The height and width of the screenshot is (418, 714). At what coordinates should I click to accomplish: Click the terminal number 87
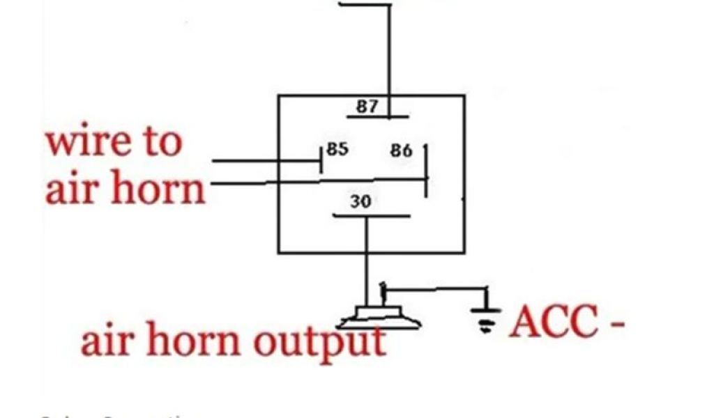pyautogui.click(x=367, y=107)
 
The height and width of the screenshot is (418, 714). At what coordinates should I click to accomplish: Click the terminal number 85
pyautogui.click(x=337, y=150)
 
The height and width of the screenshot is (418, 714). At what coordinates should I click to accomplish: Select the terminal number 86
pyautogui.click(x=401, y=150)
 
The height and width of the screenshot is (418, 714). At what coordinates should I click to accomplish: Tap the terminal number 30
pyautogui.click(x=360, y=202)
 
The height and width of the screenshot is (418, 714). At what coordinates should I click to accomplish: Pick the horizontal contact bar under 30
pyautogui.click(x=371, y=215)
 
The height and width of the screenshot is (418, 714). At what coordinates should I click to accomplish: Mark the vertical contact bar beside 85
pyautogui.click(x=321, y=160)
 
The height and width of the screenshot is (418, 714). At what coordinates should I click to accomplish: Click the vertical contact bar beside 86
pyautogui.click(x=425, y=169)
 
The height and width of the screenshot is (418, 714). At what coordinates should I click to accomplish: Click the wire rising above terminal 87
pyautogui.click(x=389, y=49)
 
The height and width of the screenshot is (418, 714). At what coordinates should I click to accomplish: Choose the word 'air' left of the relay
pyautogui.click(x=68, y=189)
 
